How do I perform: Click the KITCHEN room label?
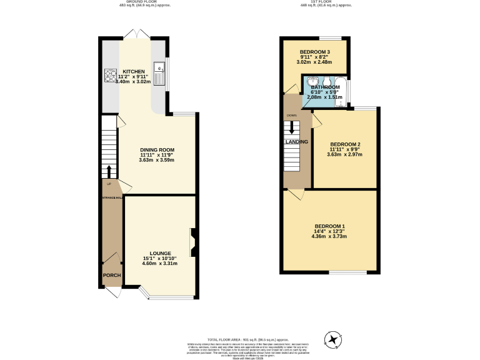(x=134, y=72)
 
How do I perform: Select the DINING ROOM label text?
(x=157, y=150)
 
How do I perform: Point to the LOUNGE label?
(x=160, y=253)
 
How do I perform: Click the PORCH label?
(x=112, y=275)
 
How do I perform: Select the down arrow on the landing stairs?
(x=291, y=127)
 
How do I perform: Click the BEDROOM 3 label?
(x=315, y=52)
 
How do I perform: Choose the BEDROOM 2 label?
(x=346, y=144)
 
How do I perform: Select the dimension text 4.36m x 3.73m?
(x=329, y=236)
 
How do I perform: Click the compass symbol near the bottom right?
(x=333, y=339)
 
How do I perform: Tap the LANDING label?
(x=296, y=142)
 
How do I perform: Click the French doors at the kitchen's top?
(x=135, y=33)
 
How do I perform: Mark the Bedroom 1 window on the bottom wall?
(x=348, y=272)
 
